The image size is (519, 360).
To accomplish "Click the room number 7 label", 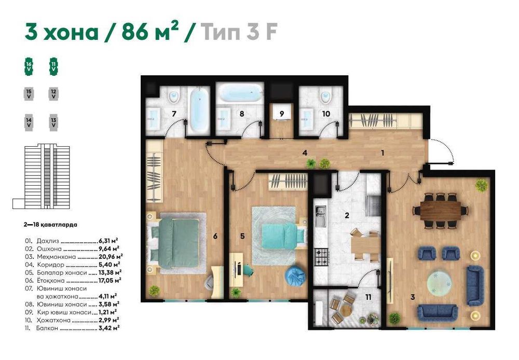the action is [x=174, y=114].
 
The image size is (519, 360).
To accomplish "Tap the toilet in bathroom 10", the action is [x=326, y=96].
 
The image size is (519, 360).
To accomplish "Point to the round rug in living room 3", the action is [x=439, y=283].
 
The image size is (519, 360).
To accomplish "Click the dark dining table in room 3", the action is [x=441, y=211].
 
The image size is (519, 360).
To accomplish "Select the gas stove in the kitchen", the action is [x=321, y=257].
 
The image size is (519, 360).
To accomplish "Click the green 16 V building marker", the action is [x=29, y=66].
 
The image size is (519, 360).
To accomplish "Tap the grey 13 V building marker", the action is [x=53, y=122].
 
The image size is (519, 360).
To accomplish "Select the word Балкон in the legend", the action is [x=47, y=328].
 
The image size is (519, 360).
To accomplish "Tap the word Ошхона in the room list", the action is [x=49, y=249].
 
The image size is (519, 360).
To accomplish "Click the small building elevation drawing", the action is [x=42, y=176].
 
